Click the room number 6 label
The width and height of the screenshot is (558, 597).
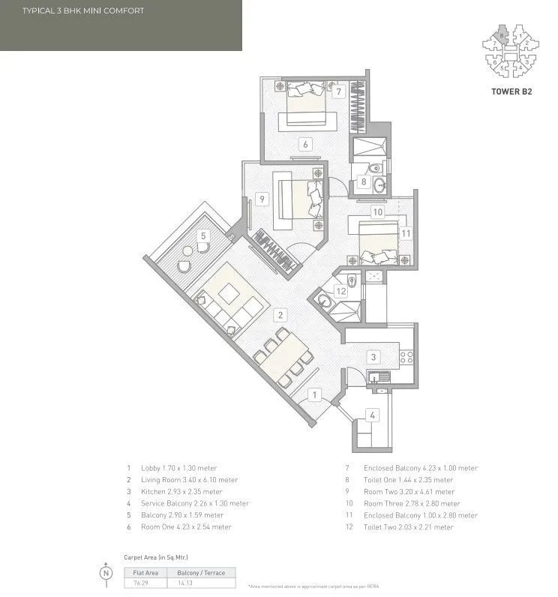[x=306, y=144]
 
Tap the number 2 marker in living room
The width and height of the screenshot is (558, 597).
[x=279, y=316]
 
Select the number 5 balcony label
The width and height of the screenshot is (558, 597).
[x=202, y=235]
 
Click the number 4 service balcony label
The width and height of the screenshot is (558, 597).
[x=373, y=415]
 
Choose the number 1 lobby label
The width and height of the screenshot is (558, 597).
[x=316, y=394]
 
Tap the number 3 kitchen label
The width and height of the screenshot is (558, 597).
[x=373, y=357]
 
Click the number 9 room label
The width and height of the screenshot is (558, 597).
[x=262, y=199]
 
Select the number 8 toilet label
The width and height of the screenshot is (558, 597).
[x=364, y=181]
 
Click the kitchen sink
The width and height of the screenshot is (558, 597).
[x=376, y=376]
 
